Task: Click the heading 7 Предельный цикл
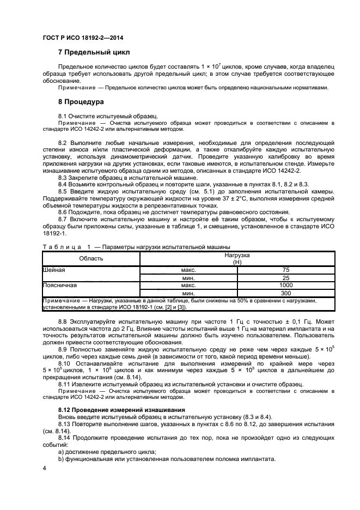click(94, 52)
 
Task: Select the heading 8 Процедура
click(82, 102)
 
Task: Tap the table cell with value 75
click(286, 270)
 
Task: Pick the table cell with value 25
click(286, 278)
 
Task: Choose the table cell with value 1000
click(286, 285)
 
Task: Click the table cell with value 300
click(286, 293)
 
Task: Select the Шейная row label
click(54, 270)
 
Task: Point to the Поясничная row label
click(59, 285)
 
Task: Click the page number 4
click(44, 469)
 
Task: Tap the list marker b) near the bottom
click(61, 459)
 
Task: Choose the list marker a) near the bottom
click(61, 452)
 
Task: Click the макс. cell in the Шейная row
click(188, 270)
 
